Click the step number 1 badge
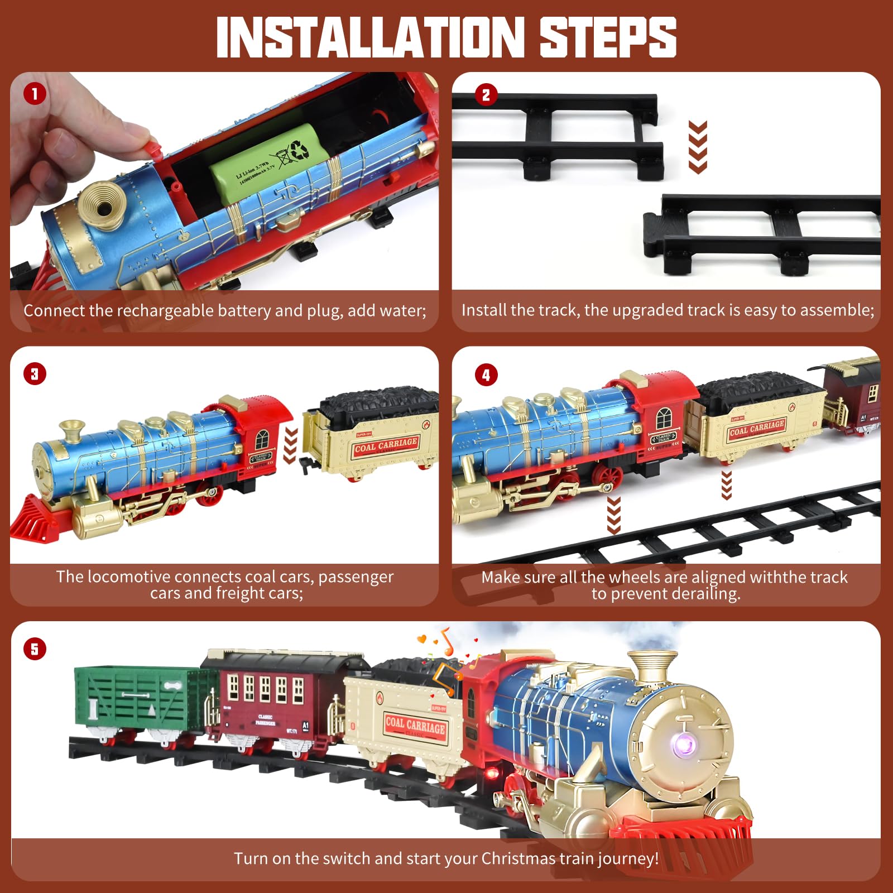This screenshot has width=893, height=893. coord(35,94)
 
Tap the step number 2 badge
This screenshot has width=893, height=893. coord(486,95)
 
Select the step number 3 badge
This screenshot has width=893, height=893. coord(35,373)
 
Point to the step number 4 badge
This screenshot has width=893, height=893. coord(486,375)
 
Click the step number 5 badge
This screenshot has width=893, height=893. coord(35,649)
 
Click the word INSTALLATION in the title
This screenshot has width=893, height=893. coord(368,37)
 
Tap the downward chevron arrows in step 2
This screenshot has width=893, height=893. coord(698,146)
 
